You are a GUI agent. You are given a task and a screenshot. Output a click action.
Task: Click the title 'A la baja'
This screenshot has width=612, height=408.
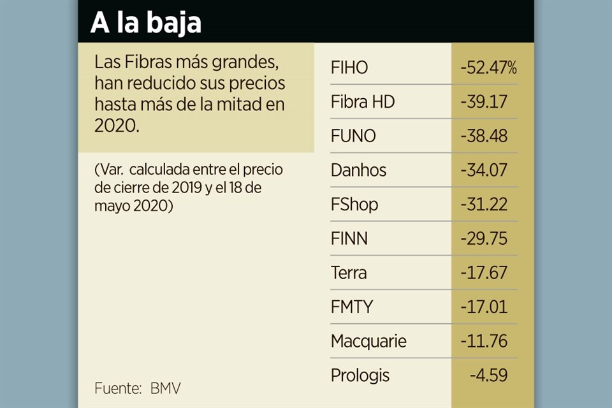[x=145, y=23]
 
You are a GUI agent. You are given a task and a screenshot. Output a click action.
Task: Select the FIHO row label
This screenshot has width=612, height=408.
[x=349, y=68]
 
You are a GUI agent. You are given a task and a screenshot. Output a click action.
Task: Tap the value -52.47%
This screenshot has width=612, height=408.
[x=488, y=68]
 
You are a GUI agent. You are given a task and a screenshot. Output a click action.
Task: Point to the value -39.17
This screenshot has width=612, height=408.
[x=484, y=102]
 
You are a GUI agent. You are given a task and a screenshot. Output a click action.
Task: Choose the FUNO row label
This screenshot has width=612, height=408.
[x=353, y=136]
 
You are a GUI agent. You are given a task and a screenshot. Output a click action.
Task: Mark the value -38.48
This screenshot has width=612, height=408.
[x=484, y=136]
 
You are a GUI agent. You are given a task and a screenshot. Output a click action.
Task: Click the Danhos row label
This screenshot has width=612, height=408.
[x=358, y=170]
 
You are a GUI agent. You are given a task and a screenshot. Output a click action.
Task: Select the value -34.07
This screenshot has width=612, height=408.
[x=484, y=170]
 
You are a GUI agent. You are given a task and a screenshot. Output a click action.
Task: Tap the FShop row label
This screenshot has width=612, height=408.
[x=354, y=205]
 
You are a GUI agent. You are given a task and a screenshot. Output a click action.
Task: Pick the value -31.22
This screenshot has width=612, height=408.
[x=484, y=205]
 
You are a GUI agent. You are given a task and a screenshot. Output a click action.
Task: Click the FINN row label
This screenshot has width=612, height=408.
[x=349, y=239]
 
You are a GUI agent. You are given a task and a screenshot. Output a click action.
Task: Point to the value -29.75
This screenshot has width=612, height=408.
[x=484, y=239]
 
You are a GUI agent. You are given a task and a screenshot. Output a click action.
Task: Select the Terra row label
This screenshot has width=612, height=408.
[x=349, y=273]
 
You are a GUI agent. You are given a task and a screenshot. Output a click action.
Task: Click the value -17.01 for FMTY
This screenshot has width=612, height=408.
[x=484, y=307]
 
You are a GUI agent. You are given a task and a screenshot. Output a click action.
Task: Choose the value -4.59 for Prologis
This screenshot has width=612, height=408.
[x=488, y=375]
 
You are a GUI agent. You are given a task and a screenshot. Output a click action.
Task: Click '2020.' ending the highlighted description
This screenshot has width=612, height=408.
[x=116, y=126]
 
